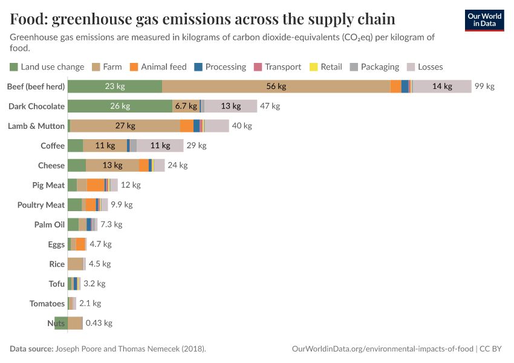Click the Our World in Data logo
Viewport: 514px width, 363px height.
tap(484, 20)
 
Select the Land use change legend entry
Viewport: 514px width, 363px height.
tap(47, 67)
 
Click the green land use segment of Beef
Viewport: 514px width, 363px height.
tap(115, 87)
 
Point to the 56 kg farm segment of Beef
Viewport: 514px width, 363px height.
tap(276, 87)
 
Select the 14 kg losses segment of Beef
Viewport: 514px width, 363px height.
tap(442, 87)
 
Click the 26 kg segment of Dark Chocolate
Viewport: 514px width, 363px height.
tap(120, 106)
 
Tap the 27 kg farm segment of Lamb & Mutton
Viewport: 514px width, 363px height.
tap(125, 126)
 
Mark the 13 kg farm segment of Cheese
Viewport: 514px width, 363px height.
tap(112, 165)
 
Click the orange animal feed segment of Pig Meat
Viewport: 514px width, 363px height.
tap(96, 185)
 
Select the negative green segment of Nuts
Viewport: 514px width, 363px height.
tap(60, 323)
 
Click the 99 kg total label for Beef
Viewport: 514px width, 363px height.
tap(484, 87)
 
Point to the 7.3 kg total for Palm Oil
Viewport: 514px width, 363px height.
tap(111, 224)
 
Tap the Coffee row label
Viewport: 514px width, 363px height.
tap(53, 146)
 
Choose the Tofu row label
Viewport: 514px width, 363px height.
tap(57, 284)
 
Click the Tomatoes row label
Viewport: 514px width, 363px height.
tap(47, 304)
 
